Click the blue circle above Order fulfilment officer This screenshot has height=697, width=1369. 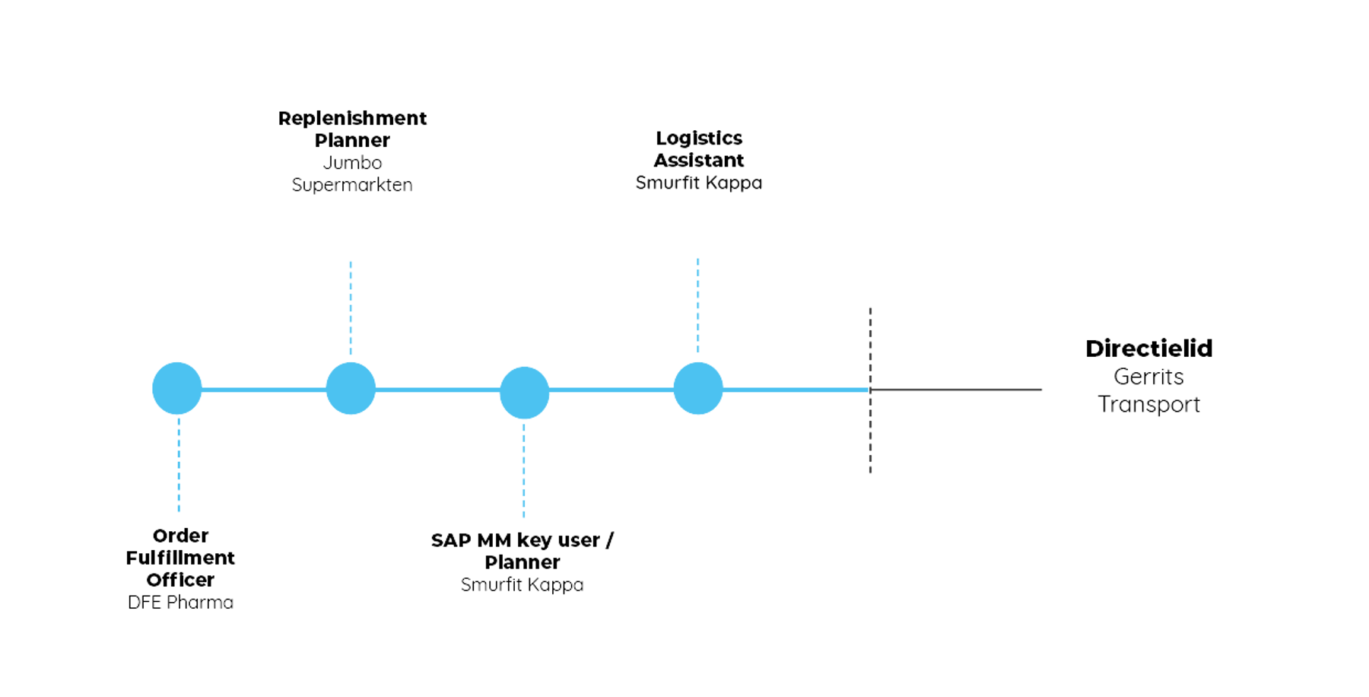(177, 388)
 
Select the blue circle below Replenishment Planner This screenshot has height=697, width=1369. (351, 388)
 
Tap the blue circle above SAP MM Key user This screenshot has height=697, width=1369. (524, 393)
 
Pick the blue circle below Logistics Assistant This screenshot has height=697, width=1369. (698, 388)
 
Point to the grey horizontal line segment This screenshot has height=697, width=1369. (958, 389)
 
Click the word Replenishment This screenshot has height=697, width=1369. (352, 118)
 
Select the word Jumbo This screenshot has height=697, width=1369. (353, 162)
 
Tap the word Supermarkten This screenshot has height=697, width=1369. (352, 185)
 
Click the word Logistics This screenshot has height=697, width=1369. (699, 138)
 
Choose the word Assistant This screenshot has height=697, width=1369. (699, 160)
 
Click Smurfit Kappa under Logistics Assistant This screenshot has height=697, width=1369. (699, 183)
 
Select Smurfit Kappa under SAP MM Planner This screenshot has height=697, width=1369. (523, 585)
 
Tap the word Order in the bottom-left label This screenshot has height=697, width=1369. (180, 535)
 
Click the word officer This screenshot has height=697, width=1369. (180, 580)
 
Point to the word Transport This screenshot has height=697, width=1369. (1151, 404)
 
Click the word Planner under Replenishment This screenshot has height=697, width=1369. (352, 140)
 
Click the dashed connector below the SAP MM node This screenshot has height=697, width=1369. (524, 470)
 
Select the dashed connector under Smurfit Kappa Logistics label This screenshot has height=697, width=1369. (698, 304)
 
